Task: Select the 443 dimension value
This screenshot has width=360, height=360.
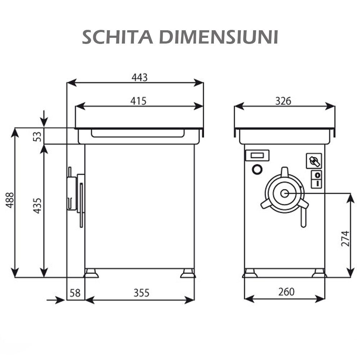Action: click(139, 77)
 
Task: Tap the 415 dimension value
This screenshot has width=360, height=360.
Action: click(138, 101)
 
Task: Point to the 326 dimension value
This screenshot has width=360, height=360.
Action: click(283, 101)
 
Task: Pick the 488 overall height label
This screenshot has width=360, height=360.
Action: click(10, 200)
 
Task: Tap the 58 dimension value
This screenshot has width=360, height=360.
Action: click(75, 293)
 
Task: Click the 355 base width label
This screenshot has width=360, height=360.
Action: click(141, 293)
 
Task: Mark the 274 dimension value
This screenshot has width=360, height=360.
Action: click(345, 239)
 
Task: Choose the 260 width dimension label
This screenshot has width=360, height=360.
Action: click(286, 292)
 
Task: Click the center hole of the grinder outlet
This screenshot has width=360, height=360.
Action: click(284, 194)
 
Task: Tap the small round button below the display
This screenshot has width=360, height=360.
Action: click(257, 169)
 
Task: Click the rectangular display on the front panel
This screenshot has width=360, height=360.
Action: click(257, 156)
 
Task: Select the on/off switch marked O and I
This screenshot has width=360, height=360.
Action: click(317, 179)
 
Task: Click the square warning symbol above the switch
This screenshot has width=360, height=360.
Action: click(314, 161)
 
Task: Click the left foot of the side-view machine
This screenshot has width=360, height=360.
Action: click(91, 273)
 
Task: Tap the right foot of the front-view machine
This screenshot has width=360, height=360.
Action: click(319, 273)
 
